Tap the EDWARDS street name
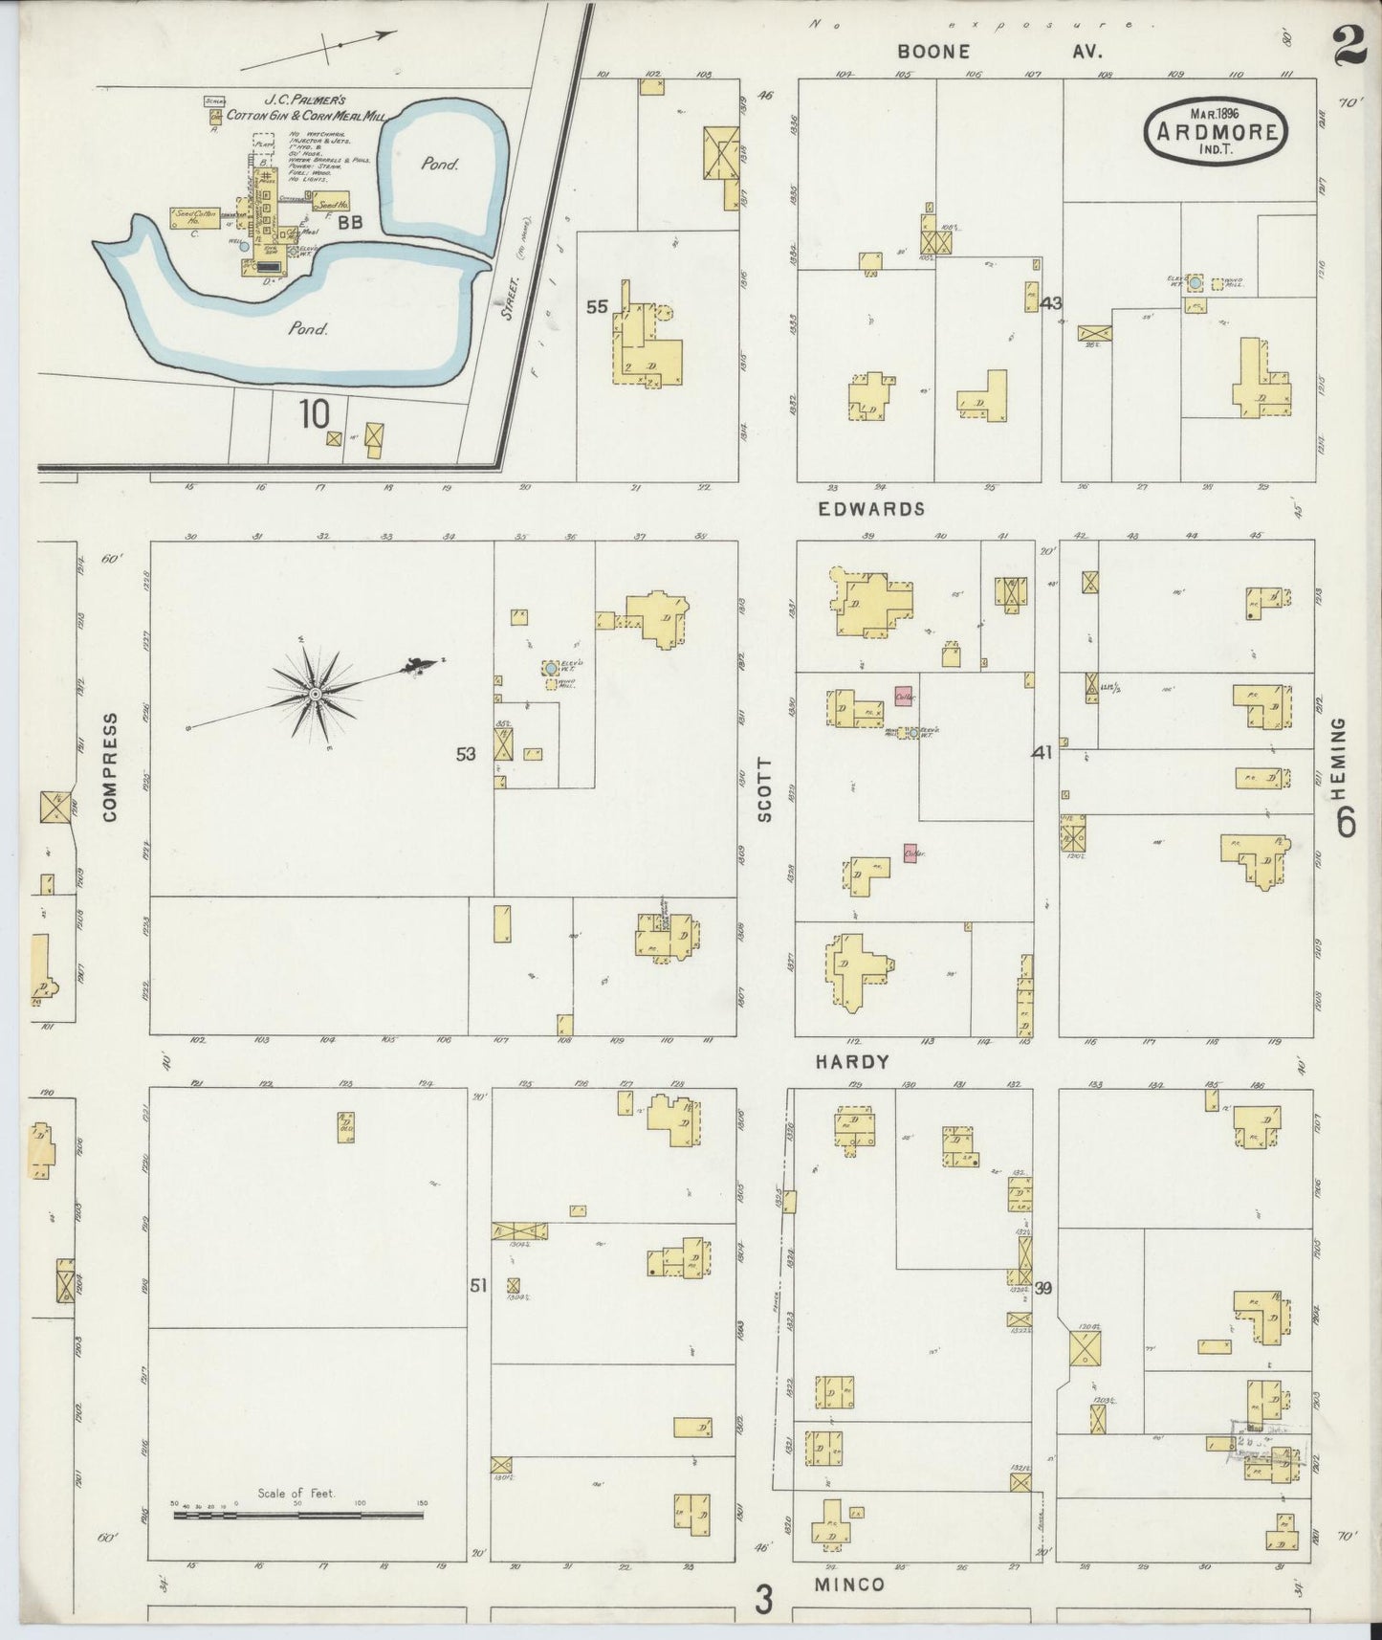[870, 509]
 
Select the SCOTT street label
[763, 790]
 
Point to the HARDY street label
[852, 1062]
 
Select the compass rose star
[314, 692]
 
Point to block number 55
[597, 307]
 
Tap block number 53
[466, 754]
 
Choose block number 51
[478, 1286]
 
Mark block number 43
[1051, 303]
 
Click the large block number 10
[314, 414]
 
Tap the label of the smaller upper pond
[440, 164]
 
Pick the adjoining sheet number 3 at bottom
[762, 1599]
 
